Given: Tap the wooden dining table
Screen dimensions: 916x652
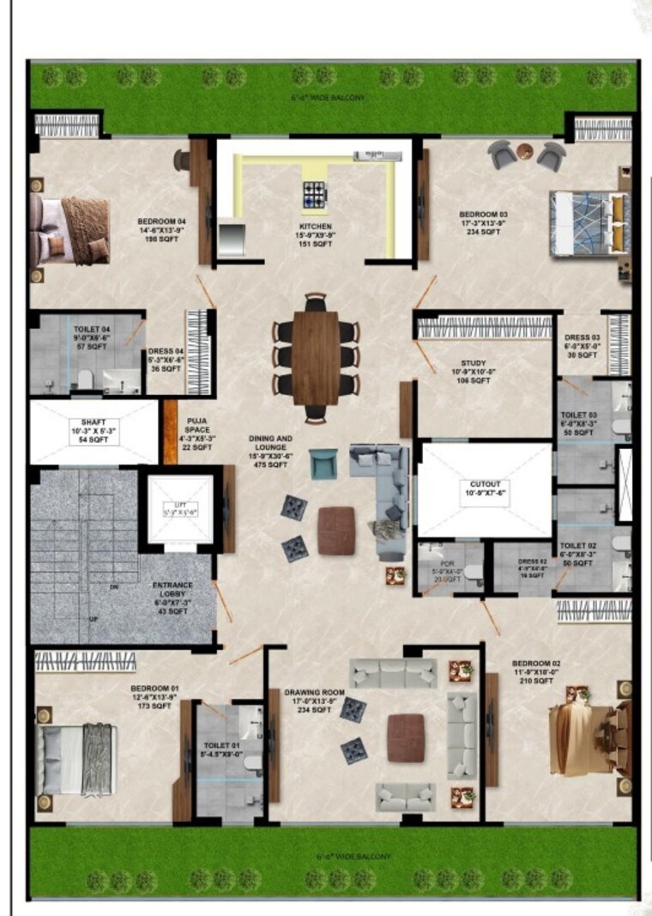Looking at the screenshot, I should (x=316, y=357).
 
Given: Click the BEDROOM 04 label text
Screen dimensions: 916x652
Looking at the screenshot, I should (x=161, y=231).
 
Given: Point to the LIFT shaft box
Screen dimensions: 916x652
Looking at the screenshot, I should (x=179, y=508).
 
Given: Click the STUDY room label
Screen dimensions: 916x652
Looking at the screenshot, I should (x=473, y=371).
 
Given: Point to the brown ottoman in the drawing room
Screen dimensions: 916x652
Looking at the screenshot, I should (x=405, y=737).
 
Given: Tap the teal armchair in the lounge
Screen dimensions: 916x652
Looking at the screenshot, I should (x=323, y=464).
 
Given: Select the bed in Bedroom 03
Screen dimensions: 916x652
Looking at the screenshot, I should (x=590, y=222).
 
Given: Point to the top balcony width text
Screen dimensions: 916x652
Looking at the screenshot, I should (x=328, y=98).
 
